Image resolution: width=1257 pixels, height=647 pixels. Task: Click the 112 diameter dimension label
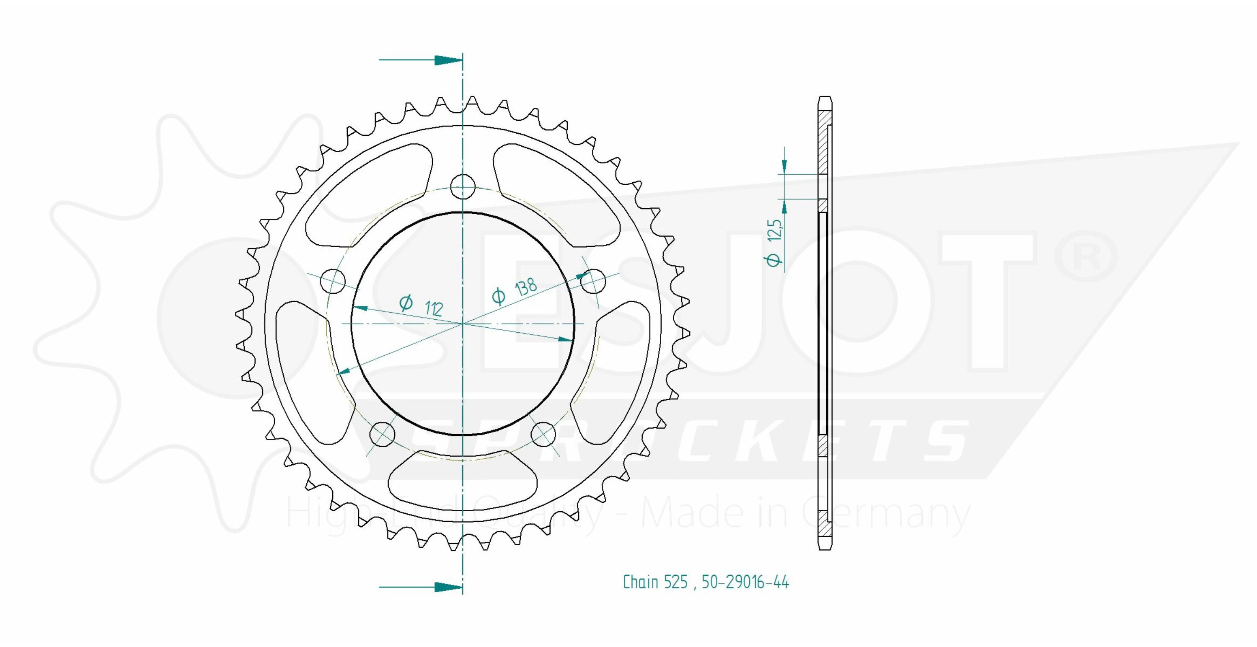pyautogui.click(x=421, y=305)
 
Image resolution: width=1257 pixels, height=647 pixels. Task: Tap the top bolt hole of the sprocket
pyautogui.click(x=463, y=186)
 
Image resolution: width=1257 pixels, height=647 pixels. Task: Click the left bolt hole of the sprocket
pyautogui.click(x=332, y=281)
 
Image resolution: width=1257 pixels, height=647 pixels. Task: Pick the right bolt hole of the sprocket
pyautogui.click(x=593, y=281)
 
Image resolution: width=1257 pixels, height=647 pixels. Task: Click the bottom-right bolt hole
pyautogui.click(x=543, y=433)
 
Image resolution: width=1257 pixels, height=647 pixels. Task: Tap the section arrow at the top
pyautogui.click(x=421, y=60)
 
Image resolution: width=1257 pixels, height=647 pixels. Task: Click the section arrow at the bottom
pyautogui.click(x=421, y=587)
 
